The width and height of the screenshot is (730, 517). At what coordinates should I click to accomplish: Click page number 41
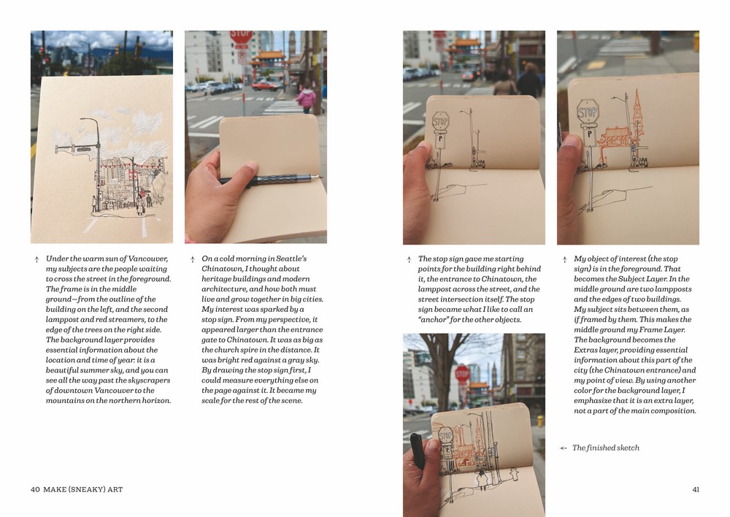[x=696, y=489]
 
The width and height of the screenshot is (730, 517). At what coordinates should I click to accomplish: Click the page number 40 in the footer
[x=35, y=489]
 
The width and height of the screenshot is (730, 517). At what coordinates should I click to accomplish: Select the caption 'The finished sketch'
[x=606, y=448]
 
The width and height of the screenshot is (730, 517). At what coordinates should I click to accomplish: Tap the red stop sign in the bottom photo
[x=462, y=374]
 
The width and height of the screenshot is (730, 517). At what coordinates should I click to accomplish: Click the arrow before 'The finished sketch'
[x=564, y=448]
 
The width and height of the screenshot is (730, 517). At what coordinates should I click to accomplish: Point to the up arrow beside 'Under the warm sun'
[x=36, y=259]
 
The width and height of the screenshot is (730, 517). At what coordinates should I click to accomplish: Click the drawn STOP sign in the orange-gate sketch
[x=588, y=112]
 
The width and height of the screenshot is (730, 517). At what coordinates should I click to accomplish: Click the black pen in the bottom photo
[x=418, y=451]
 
